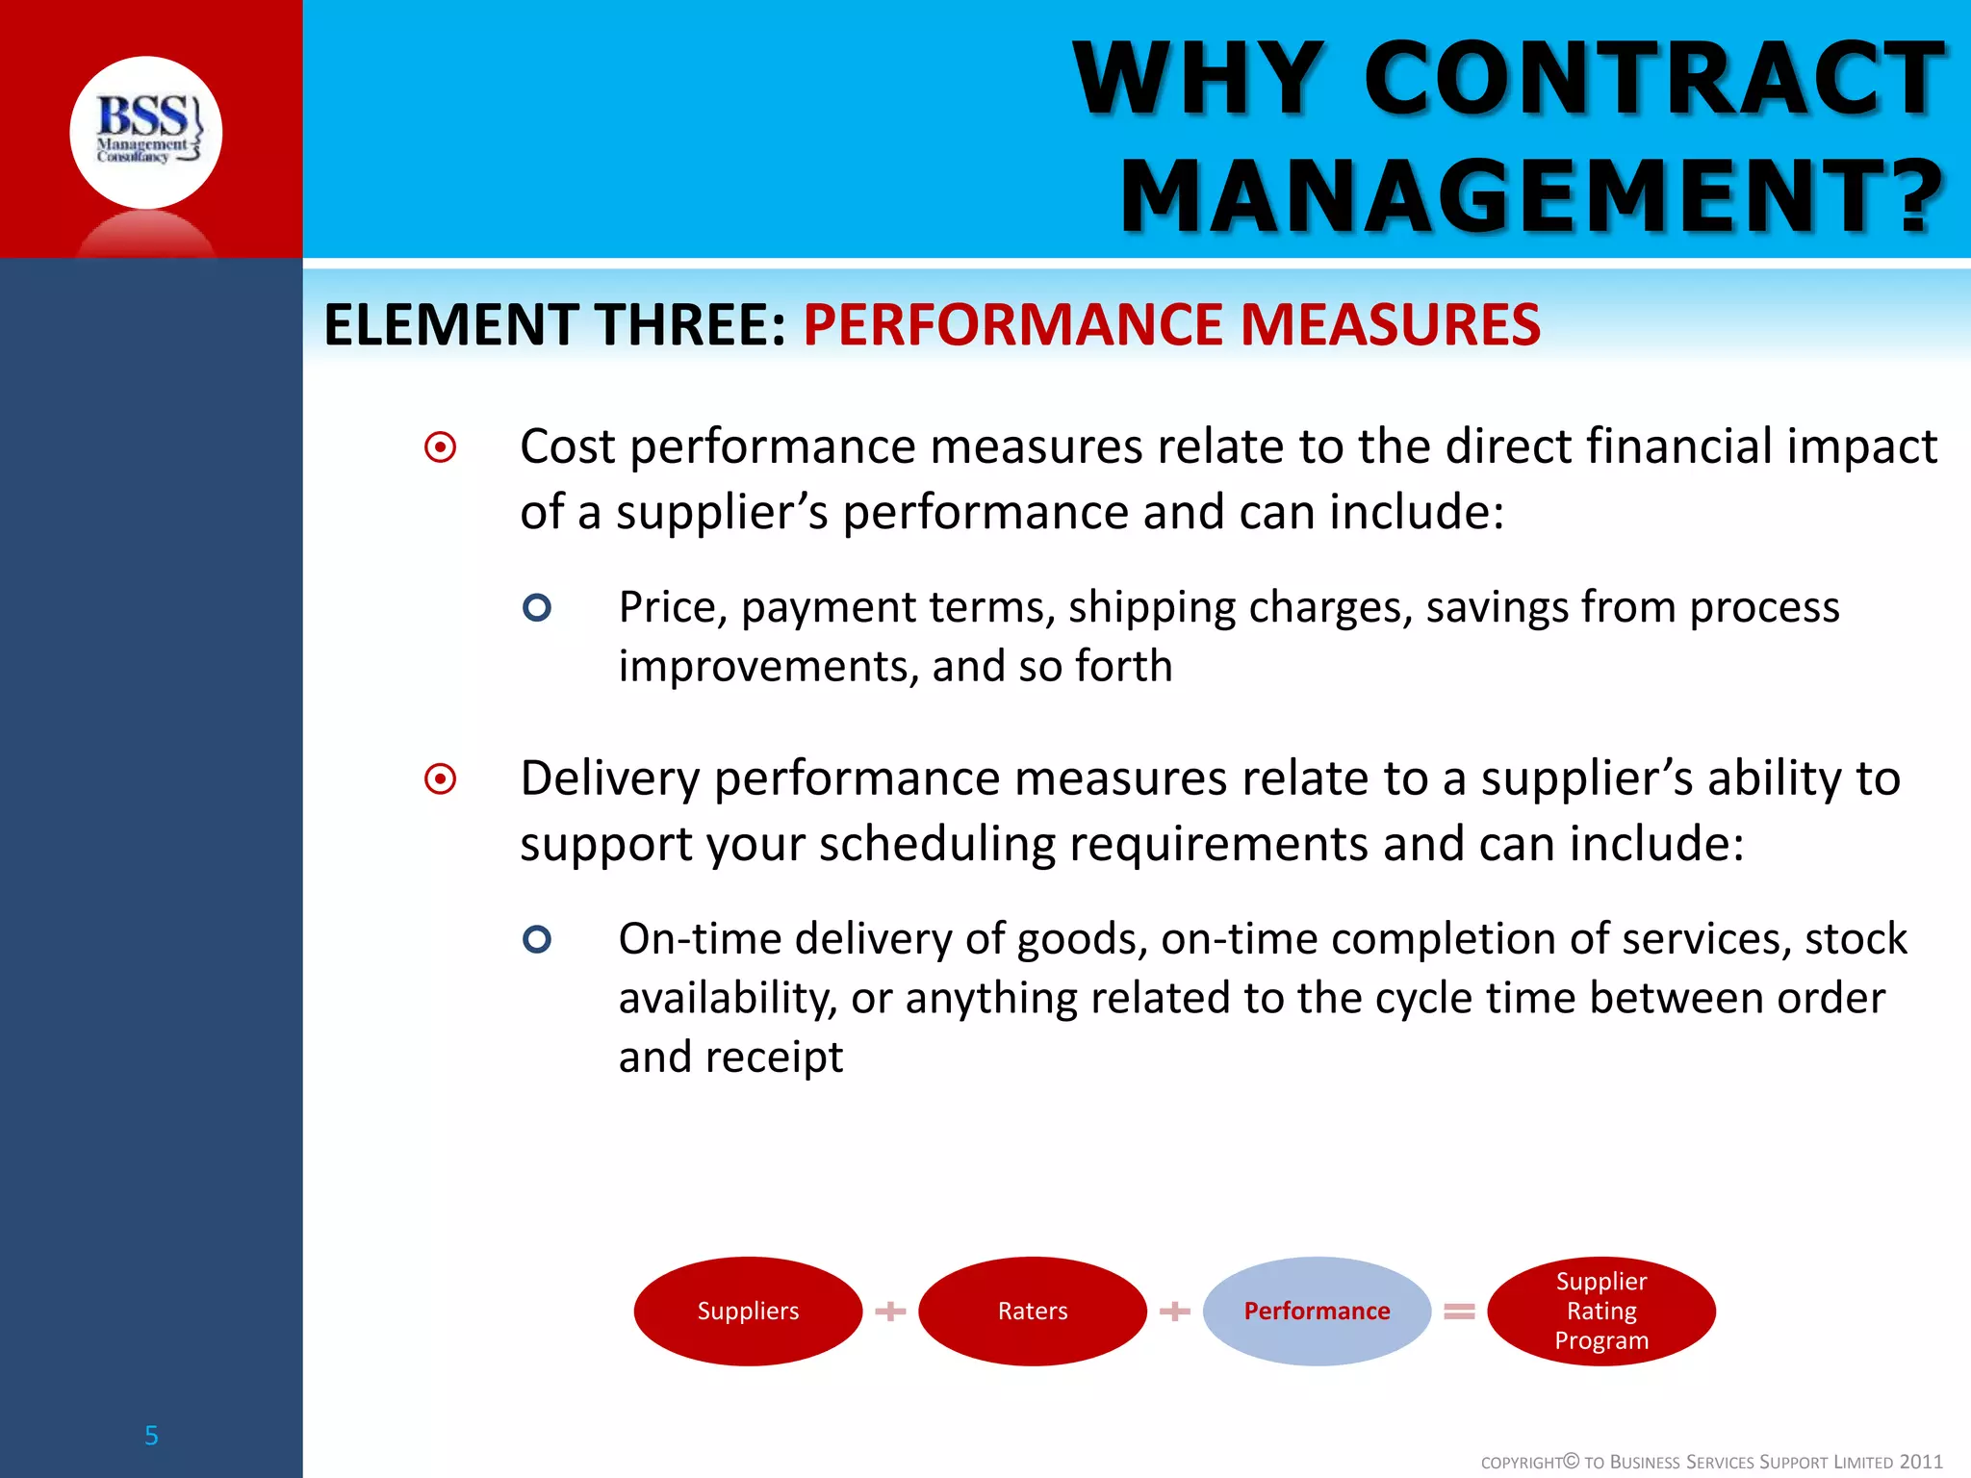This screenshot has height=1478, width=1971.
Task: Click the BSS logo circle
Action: (146, 133)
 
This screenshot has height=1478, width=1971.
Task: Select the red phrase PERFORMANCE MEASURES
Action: (1171, 324)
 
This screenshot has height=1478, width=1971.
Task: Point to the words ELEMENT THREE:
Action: (555, 324)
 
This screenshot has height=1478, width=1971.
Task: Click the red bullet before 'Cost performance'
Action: (441, 447)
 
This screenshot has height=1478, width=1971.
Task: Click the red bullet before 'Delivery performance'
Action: (441, 778)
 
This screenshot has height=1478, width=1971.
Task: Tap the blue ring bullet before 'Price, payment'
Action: (537, 607)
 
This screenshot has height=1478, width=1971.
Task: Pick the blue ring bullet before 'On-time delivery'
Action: (537, 939)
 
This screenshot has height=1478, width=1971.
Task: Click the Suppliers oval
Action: (748, 1311)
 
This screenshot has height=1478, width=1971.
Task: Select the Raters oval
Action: (1033, 1311)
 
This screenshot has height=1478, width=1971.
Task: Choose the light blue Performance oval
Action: (1317, 1311)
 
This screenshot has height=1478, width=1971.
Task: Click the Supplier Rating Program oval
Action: (1601, 1311)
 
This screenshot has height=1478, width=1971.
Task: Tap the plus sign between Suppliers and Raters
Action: (891, 1311)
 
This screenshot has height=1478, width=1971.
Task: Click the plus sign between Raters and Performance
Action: (1175, 1311)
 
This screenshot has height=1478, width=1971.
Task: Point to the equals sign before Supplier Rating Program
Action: (1459, 1311)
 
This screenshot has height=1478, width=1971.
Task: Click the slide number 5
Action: (151, 1436)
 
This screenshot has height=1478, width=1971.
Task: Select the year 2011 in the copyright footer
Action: (1921, 1462)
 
